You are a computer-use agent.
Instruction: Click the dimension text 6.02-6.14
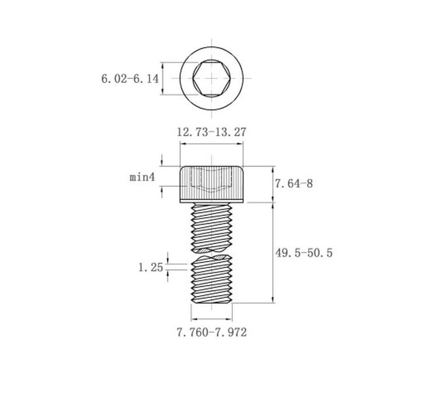(x=130, y=79)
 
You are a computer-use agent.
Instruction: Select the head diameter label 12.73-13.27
(x=211, y=132)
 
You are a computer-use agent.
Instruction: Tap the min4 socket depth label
(x=142, y=177)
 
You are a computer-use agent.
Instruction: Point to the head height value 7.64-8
(x=293, y=184)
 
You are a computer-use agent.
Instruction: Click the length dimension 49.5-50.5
(x=304, y=253)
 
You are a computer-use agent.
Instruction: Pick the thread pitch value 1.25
(x=151, y=267)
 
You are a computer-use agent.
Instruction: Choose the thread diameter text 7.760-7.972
(x=212, y=332)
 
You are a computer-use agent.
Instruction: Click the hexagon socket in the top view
(x=212, y=78)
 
